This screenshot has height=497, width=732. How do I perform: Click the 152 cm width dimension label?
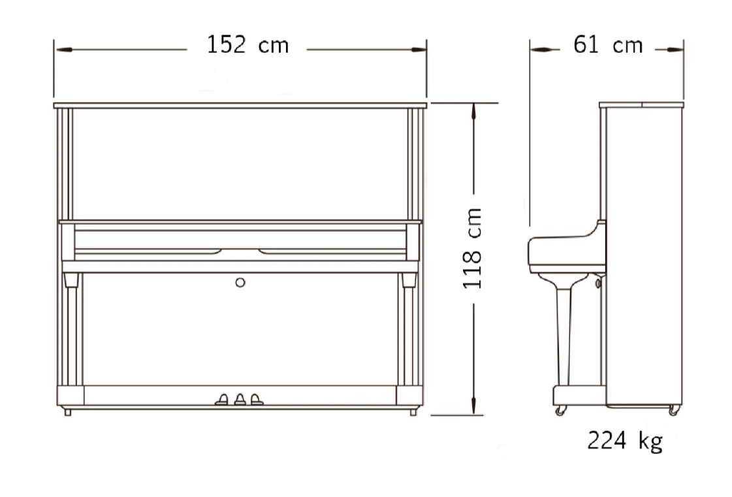tap(247, 45)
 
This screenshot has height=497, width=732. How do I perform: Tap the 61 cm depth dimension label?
tap(608, 45)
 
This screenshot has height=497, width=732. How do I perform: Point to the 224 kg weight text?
tap(625, 440)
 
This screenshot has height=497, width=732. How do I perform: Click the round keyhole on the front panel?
tap(240, 282)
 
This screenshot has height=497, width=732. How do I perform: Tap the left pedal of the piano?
tap(222, 400)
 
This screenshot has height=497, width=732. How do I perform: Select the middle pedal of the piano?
tap(240, 400)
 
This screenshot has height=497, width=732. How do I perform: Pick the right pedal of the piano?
tap(257, 400)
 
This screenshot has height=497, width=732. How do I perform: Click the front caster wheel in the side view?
tap(561, 410)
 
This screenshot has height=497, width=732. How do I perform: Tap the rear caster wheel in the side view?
tap(674, 410)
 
